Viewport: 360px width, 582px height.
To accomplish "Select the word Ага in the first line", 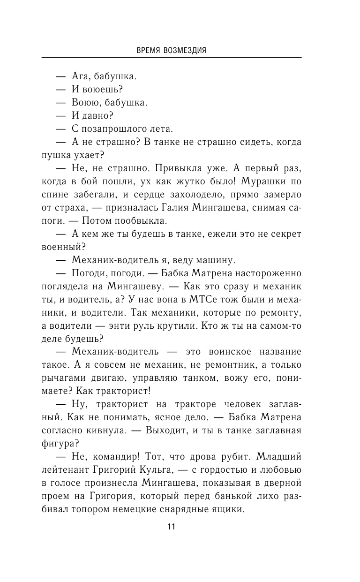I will point(80,76).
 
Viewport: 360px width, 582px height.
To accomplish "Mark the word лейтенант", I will point(65,470).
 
